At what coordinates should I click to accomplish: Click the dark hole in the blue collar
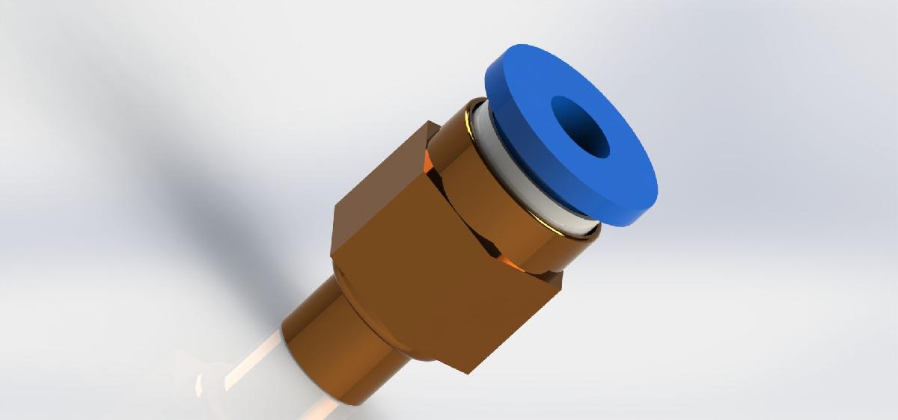click(581, 126)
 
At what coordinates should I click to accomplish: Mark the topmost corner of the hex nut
click(430, 121)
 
